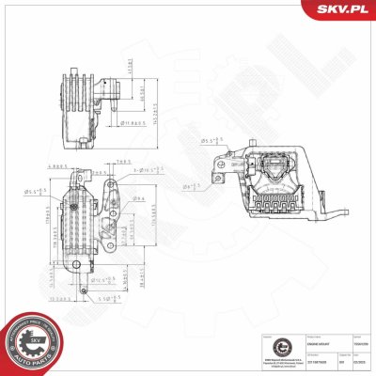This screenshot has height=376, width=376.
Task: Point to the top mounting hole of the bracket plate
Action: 112,188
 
